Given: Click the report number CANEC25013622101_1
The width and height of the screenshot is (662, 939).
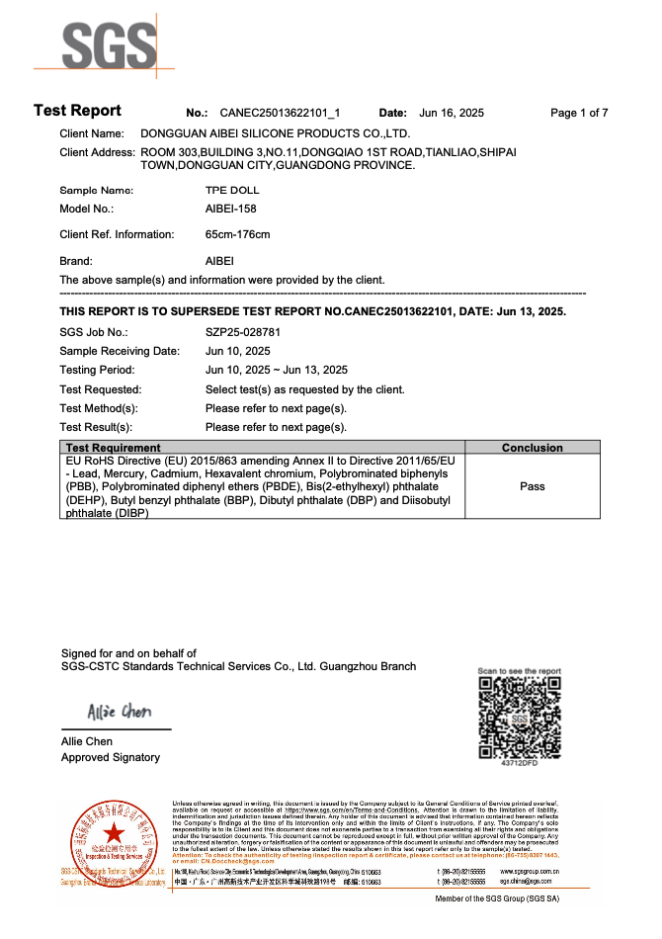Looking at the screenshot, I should pos(280,113).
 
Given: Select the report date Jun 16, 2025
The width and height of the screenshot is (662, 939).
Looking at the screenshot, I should pos(452,113).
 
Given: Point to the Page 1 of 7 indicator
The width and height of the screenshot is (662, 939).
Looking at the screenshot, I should pos(579,113).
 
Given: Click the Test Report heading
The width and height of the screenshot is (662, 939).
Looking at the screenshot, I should pos(77,111).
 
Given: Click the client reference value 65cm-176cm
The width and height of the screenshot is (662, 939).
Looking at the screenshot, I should pos(237,235).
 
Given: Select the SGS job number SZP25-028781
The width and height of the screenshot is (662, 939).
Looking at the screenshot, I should pos(243,332).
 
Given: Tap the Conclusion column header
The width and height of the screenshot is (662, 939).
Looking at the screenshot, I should pos(532,448).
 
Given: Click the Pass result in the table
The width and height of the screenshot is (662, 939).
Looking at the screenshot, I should pos(532,486).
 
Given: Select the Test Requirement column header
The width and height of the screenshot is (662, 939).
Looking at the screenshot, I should pos(112,448).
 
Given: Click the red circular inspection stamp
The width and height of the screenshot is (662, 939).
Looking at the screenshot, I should pos(115,833).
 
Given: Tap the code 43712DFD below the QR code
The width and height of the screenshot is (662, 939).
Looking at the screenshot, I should pos(520,763).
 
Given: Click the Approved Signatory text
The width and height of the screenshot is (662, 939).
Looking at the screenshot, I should pos(111,757).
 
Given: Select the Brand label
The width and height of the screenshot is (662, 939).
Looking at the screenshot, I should pos(76,262).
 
